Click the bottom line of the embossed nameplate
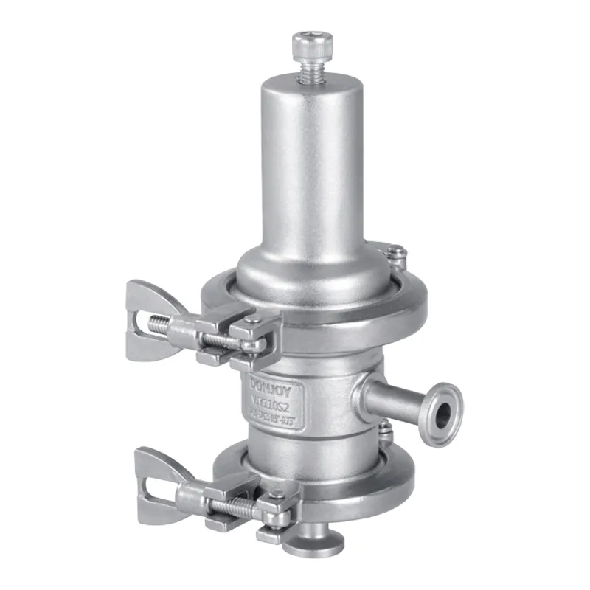(x=275, y=419)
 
